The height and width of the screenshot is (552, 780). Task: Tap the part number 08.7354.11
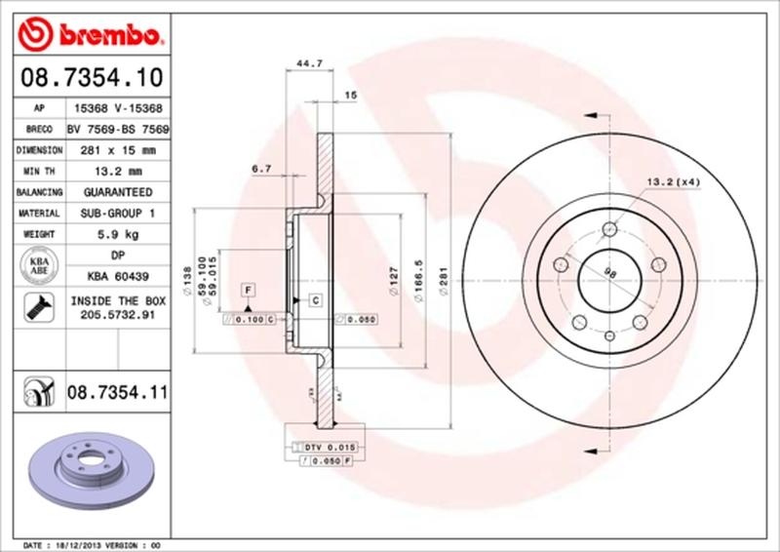117,393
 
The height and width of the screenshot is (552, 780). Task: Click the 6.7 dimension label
261,169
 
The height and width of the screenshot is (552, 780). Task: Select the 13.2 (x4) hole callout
672,182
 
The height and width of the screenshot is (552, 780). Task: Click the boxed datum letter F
250,291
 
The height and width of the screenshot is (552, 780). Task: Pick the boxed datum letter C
316,299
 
